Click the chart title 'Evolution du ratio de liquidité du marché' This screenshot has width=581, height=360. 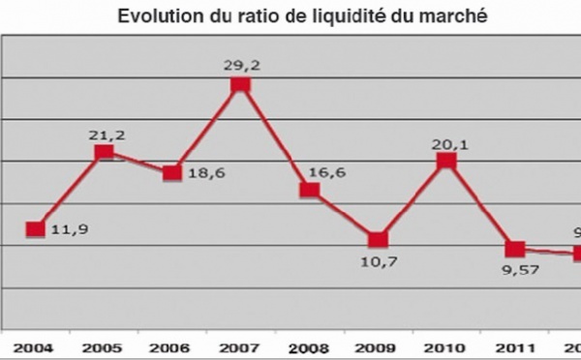pyautogui.click(x=290, y=16)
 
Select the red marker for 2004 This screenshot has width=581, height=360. pyautogui.click(x=35, y=229)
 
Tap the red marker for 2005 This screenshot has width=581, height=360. pyautogui.click(x=104, y=152)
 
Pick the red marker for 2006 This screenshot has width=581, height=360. pyautogui.click(x=172, y=173)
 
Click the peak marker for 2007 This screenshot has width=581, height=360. pyautogui.click(x=240, y=85)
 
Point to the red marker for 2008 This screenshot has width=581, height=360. pyautogui.click(x=309, y=190)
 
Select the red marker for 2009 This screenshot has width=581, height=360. pyautogui.click(x=378, y=239)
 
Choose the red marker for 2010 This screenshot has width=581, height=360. pyautogui.click(x=445, y=161)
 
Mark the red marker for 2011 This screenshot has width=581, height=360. pyautogui.click(x=514, y=249)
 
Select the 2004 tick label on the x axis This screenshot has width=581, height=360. pyautogui.click(x=35, y=347)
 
